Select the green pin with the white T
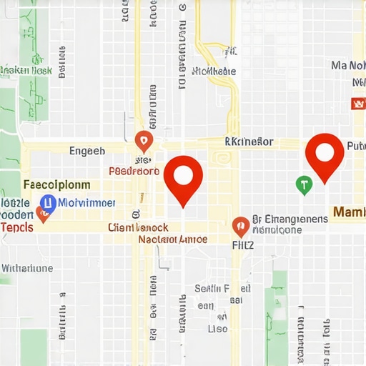[x=304, y=185]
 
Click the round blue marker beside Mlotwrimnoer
[x=48, y=203]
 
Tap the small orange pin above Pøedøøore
[x=144, y=140]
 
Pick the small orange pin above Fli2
[x=241, y=226]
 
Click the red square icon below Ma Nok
[x=358, y=104]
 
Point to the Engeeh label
[x=86, y=151]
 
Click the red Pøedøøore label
[x=134, y=172]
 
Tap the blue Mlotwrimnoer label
[x=86, y=202]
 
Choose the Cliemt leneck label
[x=138, y=227]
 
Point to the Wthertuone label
[x=27, y=268]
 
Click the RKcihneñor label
[x=248, y=142]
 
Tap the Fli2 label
[x=243, y=243]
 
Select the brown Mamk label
[x=348, y=212]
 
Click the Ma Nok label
[x=348, y=66]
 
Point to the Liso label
[x=217, y=329]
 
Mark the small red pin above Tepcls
[x=42, y=215]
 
